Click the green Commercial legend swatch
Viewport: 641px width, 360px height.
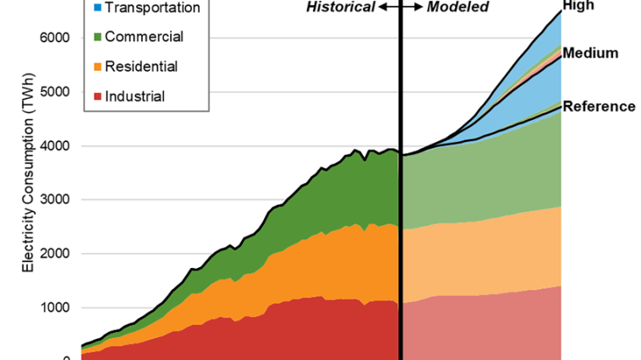pyautogui.click(x=98, y=36)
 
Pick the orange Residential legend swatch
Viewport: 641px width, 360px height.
pyautogui.click(x=98, y=66)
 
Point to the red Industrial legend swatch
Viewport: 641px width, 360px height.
pyautogui.click(x=98, y=95)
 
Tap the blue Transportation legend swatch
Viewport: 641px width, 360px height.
pyautogui.click(x=98, y=8)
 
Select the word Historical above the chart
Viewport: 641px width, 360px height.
pyautogui.click(x=340, y=7)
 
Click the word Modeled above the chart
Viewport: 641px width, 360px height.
pyautogui.click(x=457, y=7)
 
